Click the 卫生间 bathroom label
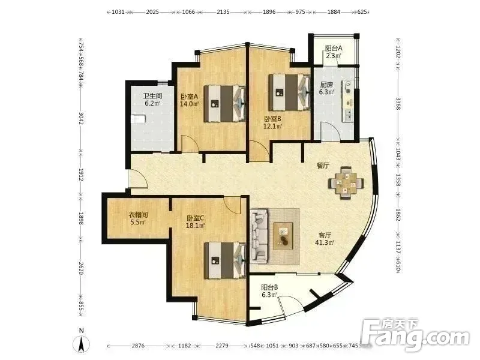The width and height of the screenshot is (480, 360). pyautogui.click(x=153, y=96)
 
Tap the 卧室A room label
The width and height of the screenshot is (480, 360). pyautogui.click(x=189, y=97)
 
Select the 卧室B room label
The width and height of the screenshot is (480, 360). pyautogui.click(x=273, y=118)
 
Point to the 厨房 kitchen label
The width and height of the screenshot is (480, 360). pyautogui.click(x=326, y=85)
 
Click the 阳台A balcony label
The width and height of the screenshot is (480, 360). pyautogui.click(x=334, y=48)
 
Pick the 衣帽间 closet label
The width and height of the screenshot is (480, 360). pyautogui.click(x=138, y=215)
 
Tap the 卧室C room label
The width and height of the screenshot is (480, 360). pyautogui.click(x=196, y=218)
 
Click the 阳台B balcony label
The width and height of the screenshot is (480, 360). pyautogui.click(x=269, y=287)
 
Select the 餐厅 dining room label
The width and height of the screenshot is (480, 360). pyautogui.click(x=323, y=166)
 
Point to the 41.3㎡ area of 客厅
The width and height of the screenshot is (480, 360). pyautogui.click(x=325, y=242)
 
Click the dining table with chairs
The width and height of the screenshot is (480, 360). pyautogui.click(x=346, y=183)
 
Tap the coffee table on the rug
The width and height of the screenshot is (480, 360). pyautogui.click(x=283, y=236)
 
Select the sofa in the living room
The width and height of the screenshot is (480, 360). pyautogui.click(x=259, y=236)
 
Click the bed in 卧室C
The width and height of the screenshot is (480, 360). pyautogui.click(x=225, y=260)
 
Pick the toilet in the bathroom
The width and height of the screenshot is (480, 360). pyautogui.click(x=138, y=119)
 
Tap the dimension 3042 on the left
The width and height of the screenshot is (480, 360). pyautogui.click(x=81, y=118)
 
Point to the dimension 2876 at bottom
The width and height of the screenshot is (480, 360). pyautogui.click(x=138, y=346)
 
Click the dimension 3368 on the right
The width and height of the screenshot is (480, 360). pyautogui.click(x=398, y=103)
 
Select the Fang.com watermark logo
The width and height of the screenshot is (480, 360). pyautogui.click(x=415, y=336)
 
